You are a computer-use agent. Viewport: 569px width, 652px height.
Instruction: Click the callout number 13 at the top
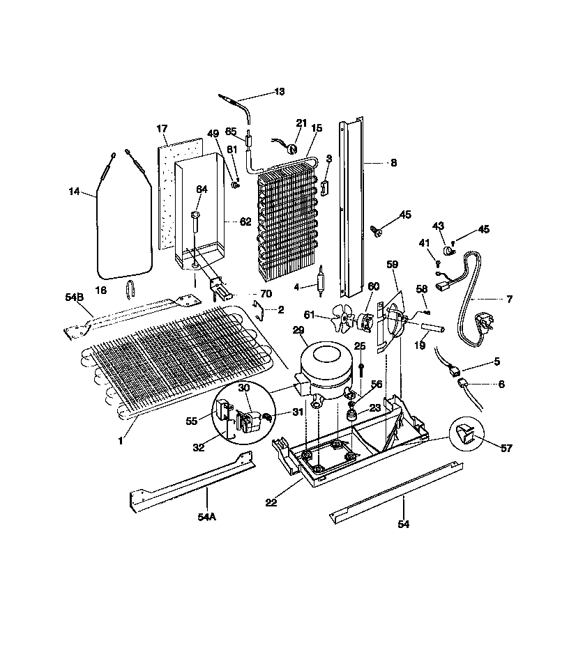tap(279, 91)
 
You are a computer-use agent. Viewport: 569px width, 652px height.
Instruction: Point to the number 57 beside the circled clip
tap(507, 448)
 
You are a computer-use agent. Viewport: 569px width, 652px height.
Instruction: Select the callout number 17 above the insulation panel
tap(162, 129)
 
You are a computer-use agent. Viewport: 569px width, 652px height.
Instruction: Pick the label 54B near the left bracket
tap(74, 297)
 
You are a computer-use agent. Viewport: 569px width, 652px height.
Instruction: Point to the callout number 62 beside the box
tap(245, 222)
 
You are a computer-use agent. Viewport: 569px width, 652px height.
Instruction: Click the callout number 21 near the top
tap(301, 123)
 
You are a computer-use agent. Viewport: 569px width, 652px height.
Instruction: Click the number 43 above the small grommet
tap(439, 226)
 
